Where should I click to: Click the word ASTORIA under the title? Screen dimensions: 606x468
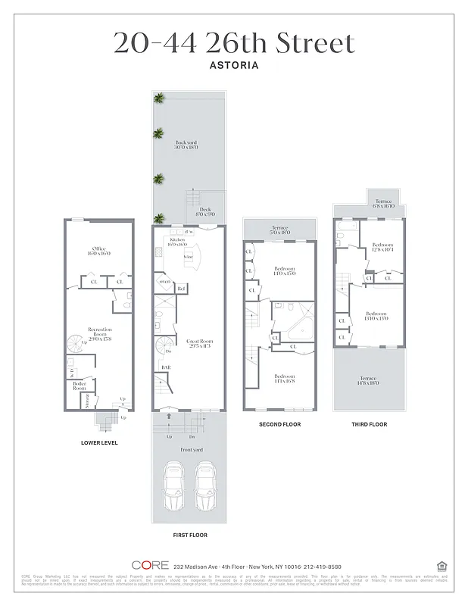point(233,65)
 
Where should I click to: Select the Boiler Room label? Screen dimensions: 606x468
point(78,385)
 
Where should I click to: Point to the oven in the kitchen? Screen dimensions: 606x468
point(164,283)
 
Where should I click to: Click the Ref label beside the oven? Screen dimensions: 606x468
point(181,289)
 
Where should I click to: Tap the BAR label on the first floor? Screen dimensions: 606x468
point(166,368)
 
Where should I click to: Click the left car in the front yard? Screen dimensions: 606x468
point(173,486)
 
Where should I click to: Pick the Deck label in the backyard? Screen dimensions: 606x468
point(205,212)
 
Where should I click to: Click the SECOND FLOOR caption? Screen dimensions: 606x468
point(279,424)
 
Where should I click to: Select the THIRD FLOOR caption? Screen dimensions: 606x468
point(369,424)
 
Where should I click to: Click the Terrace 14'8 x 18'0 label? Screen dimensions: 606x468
point(369,380)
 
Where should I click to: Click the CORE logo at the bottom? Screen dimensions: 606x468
point(149,565)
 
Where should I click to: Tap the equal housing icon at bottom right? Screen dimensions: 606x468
point(441,565)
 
